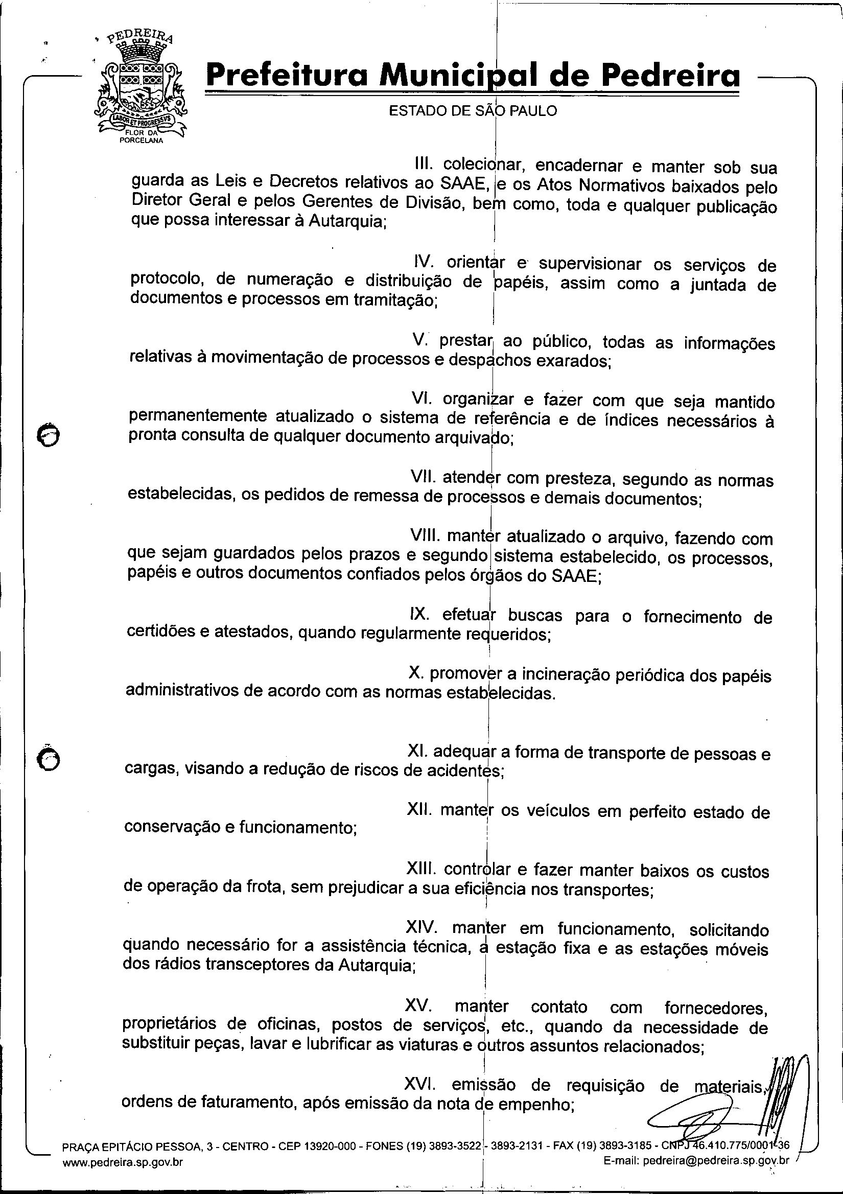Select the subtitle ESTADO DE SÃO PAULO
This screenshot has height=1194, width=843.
[473, 111]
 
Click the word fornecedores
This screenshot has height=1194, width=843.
[716, 1009]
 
